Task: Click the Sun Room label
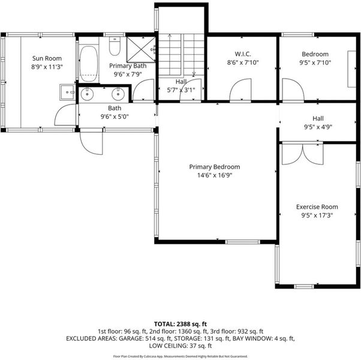coord(47,58)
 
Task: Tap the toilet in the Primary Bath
coord(115,46)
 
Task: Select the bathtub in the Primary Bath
coord(89,64)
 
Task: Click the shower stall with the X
coord(141,49)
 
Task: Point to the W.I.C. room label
coord(243,54)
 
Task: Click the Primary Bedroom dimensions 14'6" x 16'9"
coord(215,175)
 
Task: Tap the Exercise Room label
coord(317,207)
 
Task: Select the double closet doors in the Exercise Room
coord(302,154)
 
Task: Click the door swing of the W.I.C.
coord(240,90)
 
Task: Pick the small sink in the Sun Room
coord(67,92)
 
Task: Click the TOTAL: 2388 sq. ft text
coord(180,324)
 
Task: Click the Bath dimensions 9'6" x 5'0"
coord(115,116)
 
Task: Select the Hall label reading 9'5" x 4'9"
coord(318,123)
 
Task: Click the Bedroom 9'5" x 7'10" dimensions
coord(315,62)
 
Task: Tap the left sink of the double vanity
coord(88,94)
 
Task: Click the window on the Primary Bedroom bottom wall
coord(242,242)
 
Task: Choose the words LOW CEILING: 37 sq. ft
coord(180,346)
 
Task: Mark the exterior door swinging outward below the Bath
coord(91,142)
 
